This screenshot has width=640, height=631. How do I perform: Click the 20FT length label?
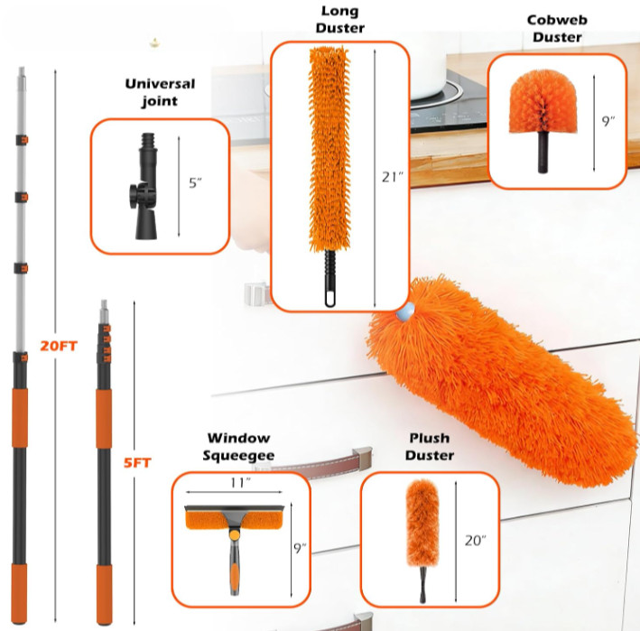click(59, 346)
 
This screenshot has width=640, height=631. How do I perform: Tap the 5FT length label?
click(137, 463)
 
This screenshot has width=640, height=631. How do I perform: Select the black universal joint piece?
click(145, 186)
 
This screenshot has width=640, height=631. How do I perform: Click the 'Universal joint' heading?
click(160, 92)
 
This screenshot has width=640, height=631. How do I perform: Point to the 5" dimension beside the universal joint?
click(195, 183)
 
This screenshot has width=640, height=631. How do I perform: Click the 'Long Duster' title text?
click(340, 19)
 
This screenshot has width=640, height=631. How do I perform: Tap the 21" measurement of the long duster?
click(392, 177)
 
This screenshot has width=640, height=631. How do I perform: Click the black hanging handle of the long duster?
click(330, 278)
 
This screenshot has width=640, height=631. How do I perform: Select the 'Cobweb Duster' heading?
click(557, 28)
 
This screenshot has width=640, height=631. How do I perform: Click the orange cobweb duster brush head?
click(543, 101)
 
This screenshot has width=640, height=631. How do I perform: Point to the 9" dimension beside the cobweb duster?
click(608, 121)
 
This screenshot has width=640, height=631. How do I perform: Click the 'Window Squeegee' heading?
click(239, 447)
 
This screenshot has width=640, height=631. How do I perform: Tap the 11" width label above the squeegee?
click(240, 482)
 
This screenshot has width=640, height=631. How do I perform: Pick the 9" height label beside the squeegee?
click(300, 548)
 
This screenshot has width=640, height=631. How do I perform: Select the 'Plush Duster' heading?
click(430, 447)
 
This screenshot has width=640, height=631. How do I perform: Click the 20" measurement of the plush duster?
click(475, 541)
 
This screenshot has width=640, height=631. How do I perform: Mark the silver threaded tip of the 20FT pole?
click(22, 79)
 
